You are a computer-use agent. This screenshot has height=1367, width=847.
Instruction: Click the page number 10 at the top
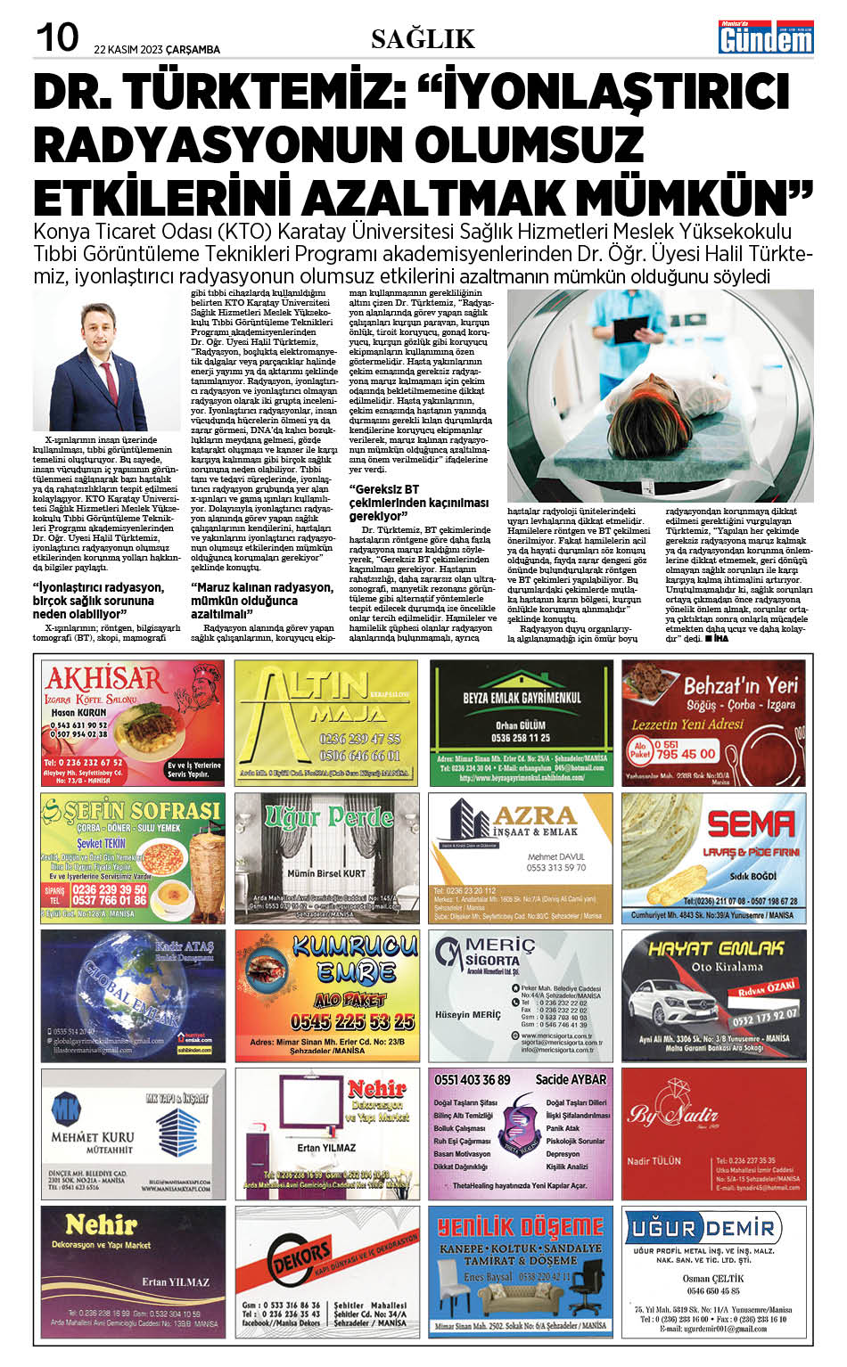click(x=56, y=37)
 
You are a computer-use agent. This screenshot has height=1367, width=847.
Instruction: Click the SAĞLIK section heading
click(x=423, y=38)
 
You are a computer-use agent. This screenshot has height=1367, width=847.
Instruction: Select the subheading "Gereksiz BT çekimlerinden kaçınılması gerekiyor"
click(x=418, y=503)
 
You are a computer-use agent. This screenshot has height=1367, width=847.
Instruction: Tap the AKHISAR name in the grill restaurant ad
click(x=103, y=678)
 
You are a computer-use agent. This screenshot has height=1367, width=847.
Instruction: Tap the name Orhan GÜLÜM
click(x=521, y=724)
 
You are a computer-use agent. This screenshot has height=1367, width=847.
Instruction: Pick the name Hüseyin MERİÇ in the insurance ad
click(x=468, y=1015)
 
